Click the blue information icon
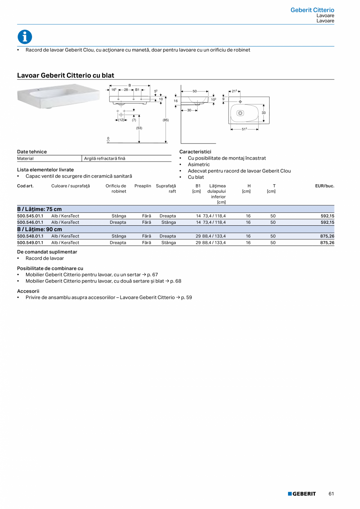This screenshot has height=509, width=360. click(x=25, y=37)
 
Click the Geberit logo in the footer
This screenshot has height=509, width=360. click(x=302, y=494)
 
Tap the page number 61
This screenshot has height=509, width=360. click(x=331, y=494)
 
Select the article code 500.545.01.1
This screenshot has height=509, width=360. click(x=30, y=216)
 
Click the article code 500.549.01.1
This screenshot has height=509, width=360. click(x=30, y=243)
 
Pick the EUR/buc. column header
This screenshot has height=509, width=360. click(x=324, y=186)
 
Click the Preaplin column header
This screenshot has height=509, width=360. click(x=142, y=186)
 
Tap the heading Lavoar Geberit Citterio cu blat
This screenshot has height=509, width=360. click(x=66, y=75)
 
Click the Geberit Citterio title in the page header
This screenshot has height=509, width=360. click(x=312, y=10)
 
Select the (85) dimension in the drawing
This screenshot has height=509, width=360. click(x=166, y=120)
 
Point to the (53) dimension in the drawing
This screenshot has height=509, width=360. click(x=139, y=128)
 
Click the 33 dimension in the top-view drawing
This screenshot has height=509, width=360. click(x=263, y=113)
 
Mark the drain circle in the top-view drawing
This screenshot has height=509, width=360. click(x=240, y=113)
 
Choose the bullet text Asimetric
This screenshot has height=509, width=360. click(x=199, y=164)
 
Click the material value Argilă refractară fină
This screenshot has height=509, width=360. click(x=105, y=158)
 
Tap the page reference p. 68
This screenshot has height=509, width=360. click(x=176, y=281)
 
